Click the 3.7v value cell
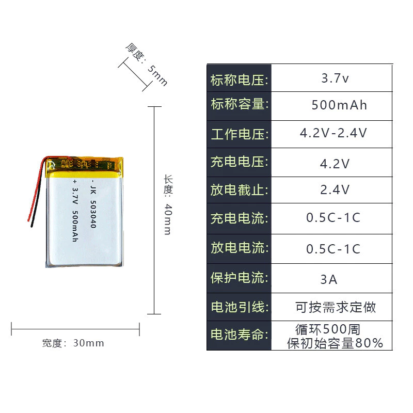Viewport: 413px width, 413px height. (335, 78)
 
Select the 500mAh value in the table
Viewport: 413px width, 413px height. (339, 105)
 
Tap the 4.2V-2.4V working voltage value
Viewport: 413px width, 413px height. (333, 133)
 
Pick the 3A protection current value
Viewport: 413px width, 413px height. (329, 279)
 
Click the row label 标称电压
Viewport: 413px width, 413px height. (239, 80)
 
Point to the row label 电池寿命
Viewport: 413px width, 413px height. (239, 335)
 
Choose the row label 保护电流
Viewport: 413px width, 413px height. (239, 278)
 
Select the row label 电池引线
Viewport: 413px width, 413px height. (239, 307)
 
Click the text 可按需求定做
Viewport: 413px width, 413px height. (336, 307)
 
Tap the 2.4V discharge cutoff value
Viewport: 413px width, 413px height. (335, 189)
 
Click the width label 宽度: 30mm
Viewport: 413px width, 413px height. (73, 343)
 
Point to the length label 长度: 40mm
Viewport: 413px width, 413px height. (168, 204)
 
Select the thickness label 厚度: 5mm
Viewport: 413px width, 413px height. (147, 65)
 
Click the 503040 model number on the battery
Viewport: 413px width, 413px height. (93, 214)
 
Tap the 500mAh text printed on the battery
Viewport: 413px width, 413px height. (75, 226)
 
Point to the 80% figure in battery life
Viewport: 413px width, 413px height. (369, 343)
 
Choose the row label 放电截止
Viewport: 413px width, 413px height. (239, 190)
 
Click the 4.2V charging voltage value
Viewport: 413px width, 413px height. (335, 164)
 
